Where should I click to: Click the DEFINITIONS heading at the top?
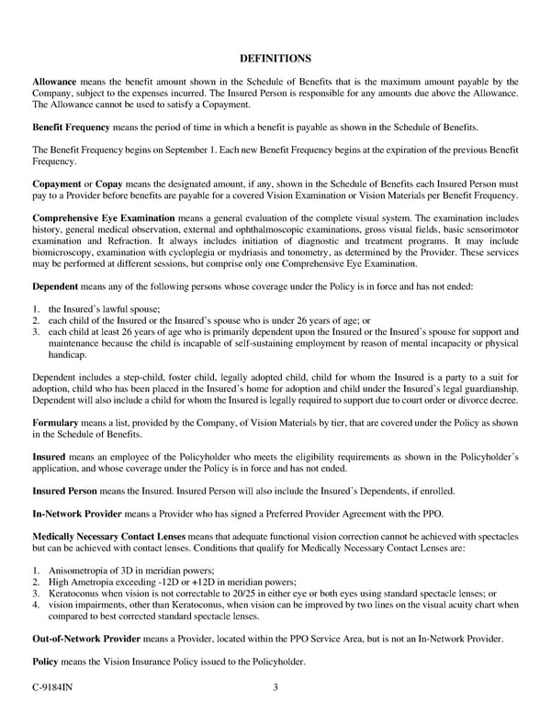click(x=275, y=57)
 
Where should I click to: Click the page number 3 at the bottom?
click(x=275, y=687)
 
